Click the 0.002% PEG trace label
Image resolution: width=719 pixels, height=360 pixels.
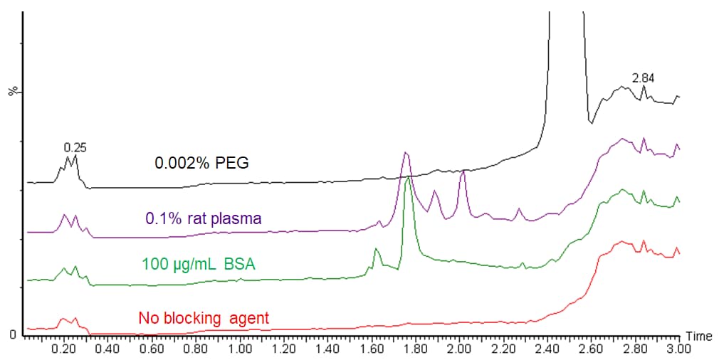pos(201,163)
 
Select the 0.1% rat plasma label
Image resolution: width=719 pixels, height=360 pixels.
pos(204,218)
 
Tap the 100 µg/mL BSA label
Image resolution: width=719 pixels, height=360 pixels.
pos(199,264)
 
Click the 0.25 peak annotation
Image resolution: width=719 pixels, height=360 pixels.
pos(75,147)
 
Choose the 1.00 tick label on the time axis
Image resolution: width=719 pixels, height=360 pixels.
pos(240,349)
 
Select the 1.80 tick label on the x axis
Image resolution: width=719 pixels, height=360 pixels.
pos(416,349)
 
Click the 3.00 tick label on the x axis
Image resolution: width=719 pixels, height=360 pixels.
pos(679,349)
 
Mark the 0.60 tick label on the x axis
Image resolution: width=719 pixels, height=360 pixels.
pos(152,349)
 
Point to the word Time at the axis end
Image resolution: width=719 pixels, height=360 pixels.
pos(698,335)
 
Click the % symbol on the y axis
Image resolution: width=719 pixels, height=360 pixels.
pos(12,92)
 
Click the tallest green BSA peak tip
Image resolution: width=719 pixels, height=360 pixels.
pos(408,178)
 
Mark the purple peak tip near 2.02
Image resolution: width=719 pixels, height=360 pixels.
pos(463,171)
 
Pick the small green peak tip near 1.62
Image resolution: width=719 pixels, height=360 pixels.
pos(376,249)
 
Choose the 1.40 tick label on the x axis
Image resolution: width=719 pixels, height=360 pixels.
pos(328,349)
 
